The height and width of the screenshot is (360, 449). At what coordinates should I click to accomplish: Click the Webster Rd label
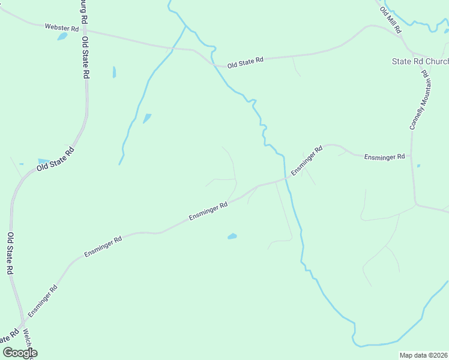click(62, 28)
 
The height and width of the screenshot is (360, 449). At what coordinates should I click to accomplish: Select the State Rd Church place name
click(420, 61)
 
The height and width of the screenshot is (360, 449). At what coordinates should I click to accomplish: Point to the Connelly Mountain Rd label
click(418, 100)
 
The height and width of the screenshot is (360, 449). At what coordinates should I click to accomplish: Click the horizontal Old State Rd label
click(245, 61)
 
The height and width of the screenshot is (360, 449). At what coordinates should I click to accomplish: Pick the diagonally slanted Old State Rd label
click(55, 159)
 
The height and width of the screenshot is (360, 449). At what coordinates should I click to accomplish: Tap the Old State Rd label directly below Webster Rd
click(86, 58)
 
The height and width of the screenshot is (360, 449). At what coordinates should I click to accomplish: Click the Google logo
click(20, 353)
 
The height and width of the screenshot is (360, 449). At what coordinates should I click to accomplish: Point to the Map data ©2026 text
click(423, 355)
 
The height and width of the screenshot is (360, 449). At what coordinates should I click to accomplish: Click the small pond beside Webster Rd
click(62, 36)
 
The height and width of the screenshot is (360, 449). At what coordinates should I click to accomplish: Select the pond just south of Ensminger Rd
click(232, 236)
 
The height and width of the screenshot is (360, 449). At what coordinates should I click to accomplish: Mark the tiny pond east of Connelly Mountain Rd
click(418, 166)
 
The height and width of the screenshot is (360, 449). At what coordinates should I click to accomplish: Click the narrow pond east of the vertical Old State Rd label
click(114, 72)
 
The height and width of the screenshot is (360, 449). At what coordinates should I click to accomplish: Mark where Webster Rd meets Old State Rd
click(85, 31)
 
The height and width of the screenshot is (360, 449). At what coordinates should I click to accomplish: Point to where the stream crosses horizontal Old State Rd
click(215, 64)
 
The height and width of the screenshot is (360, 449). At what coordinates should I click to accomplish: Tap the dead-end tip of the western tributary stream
click(119, 164)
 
